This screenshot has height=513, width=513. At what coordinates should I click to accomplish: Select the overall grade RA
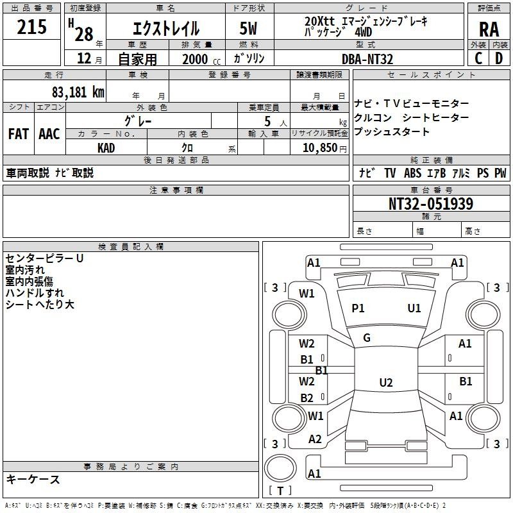tap(489, 29)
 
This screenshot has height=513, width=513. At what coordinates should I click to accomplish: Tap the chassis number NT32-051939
tap(431, 204)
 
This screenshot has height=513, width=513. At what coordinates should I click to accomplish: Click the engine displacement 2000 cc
tap(195, 59)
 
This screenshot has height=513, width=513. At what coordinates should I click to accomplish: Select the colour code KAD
tap(106, 147)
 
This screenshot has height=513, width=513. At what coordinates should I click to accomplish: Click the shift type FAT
tap(19, 134)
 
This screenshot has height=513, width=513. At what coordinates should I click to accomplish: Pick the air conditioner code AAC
tap(49, 134)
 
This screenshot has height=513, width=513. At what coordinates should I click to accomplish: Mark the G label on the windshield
tap(367, 338)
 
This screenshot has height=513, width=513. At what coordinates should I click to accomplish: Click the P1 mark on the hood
tap(358, 308)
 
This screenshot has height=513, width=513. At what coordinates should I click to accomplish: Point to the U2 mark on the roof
tap(385, 383)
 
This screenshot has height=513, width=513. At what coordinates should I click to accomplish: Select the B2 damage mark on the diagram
tap(307, 398)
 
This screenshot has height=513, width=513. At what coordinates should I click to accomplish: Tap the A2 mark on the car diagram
tap(315, 439)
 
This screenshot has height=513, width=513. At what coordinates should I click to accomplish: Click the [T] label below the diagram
tap(280, 491)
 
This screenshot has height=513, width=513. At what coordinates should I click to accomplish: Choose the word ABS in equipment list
tap(413, 173)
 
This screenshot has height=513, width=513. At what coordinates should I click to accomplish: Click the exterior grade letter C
tap(478, 58)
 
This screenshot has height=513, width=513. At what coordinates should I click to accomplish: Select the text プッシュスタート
tap(392, 132)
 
